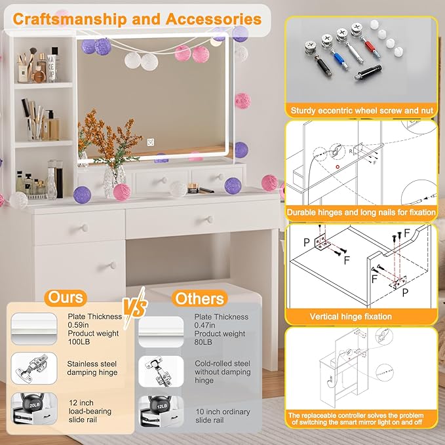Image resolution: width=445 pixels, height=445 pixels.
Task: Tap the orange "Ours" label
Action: pos(66,298)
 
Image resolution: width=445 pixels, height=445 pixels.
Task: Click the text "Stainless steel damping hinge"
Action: pos(92,368)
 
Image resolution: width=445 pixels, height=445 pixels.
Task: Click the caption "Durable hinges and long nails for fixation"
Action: pos(361,213)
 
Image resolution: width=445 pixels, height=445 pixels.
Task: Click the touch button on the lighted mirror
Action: pos(149,140)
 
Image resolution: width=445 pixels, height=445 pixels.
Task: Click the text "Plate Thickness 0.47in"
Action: pos(222,321)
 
